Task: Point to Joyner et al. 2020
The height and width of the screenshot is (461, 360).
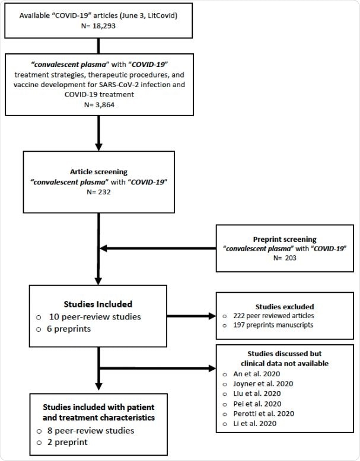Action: [x=266, y=383]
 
